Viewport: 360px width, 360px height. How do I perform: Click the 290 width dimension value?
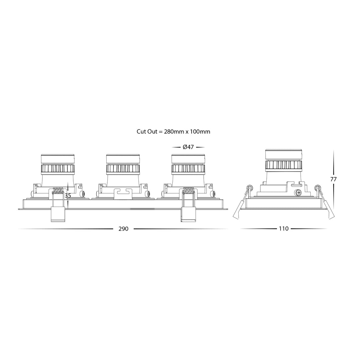[x=123, y=229]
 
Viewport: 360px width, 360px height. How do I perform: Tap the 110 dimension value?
[x=284, y=229]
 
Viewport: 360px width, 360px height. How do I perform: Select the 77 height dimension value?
[x=333, y=179]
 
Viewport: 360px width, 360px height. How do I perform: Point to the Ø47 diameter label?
[x=188, y=147]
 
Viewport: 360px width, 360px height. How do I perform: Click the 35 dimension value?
[x=68, y=196]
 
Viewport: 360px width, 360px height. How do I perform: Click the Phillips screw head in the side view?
[x=298, y=193]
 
